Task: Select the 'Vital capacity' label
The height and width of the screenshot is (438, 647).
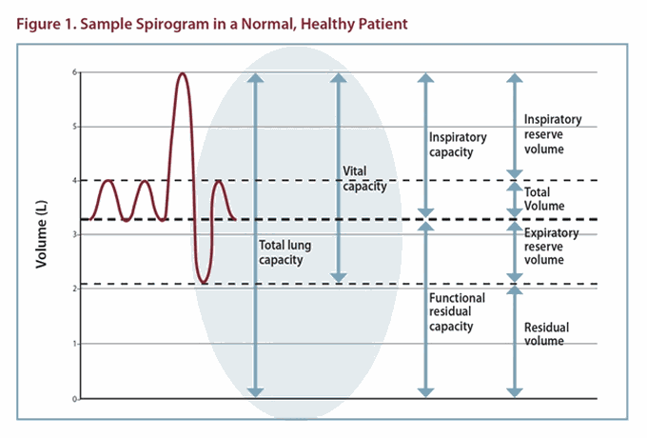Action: click(363, 179)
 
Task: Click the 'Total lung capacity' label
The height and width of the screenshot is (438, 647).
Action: click(285, 252)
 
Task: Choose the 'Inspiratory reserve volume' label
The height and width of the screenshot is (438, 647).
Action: click(553, 134)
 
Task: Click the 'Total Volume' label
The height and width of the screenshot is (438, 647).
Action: click(544, 198)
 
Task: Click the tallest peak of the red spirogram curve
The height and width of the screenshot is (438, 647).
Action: click(182, 73)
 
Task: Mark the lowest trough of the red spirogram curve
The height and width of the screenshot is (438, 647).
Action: click(204, 283)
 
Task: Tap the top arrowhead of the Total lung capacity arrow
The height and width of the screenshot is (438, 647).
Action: click(254, 79)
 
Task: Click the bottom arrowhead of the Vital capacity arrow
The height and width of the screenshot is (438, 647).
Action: click(336, 277)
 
